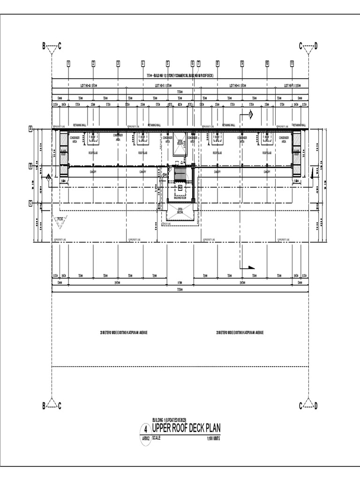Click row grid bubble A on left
tap(31, 128)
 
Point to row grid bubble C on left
tap(31, 203)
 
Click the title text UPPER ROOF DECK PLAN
tap(186, 428)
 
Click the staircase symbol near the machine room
tap(180, 175)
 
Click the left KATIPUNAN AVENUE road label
tap(124, 332)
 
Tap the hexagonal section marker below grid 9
tap(250, 114)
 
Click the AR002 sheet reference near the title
tap(146, 439)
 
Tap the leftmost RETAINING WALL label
tap(78, 125)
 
